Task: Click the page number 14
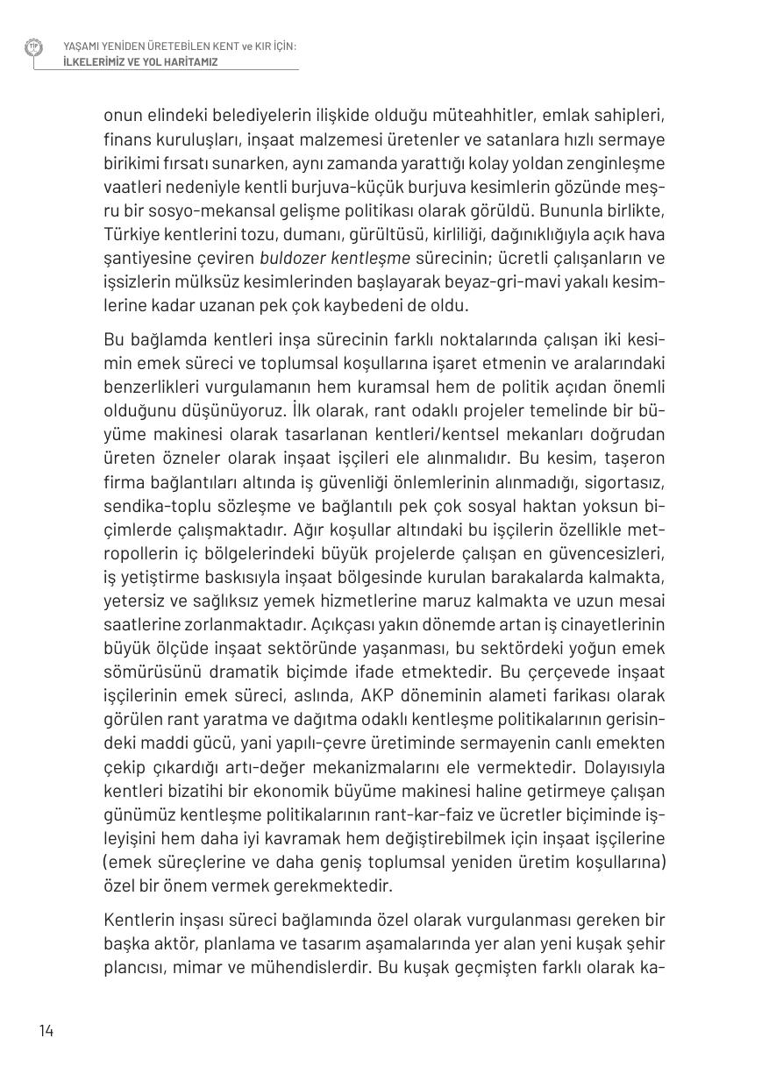point(46,1030)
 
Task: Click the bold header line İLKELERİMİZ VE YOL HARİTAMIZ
point(140,62)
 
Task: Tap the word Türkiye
point(130,234)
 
